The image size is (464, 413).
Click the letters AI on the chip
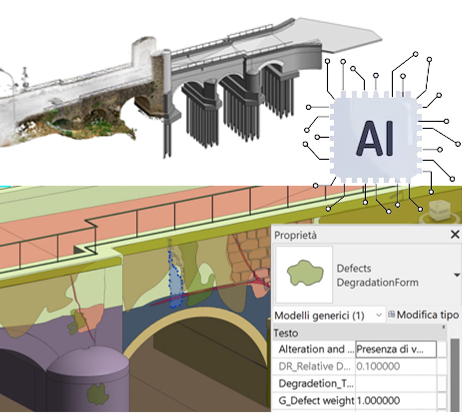[x=375, y=139]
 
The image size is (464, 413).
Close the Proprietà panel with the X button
[x=455, y=234]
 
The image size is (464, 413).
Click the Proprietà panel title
[x=295, y=235]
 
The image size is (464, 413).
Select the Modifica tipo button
[x=424, y=315]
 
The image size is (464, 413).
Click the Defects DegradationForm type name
[x=377, y=275]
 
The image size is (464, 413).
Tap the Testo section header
[x=286, y=333]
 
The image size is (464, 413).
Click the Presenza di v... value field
[x=395, y=349]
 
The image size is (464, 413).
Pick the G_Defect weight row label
[x=316, y=401]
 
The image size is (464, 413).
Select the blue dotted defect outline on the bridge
[x=175, y=283]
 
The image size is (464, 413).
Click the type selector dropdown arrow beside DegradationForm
[x=456, y=275]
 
